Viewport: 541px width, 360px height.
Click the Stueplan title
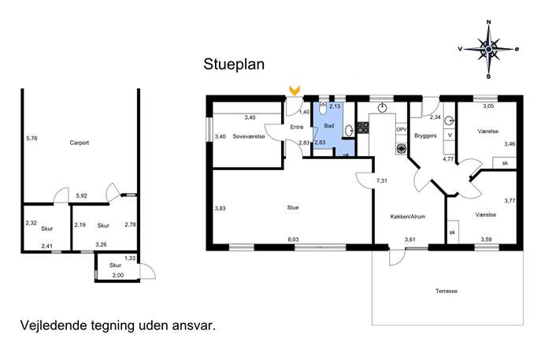[234, 65]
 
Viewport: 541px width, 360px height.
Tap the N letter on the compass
[488, 22]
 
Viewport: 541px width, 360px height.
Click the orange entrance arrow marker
[295, 91]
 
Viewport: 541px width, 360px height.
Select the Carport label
[80, 143]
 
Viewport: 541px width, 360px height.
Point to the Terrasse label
[447, 291]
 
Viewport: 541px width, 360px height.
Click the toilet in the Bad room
[323, 109]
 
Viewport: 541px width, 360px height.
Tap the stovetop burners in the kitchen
[363, 128]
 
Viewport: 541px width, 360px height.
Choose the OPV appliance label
[402, 129]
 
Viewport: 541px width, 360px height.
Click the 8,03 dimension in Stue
[293, 239]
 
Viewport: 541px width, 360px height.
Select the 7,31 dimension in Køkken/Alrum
[382, 180]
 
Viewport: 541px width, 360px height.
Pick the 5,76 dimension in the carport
[31, 138]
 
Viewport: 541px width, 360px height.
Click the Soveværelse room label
[249, 136]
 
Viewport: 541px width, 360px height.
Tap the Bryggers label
[425, 136]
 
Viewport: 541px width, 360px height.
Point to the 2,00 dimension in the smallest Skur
[118, 275]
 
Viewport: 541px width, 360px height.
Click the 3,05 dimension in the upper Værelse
[488, 106]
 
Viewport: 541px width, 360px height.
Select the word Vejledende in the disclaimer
[53, 325]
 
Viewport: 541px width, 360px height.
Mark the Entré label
[297, 127]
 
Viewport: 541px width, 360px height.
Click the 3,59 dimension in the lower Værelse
[486, 239]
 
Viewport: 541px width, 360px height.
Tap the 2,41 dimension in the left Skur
[47, 246]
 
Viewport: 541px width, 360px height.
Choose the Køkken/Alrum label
[408, 217]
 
